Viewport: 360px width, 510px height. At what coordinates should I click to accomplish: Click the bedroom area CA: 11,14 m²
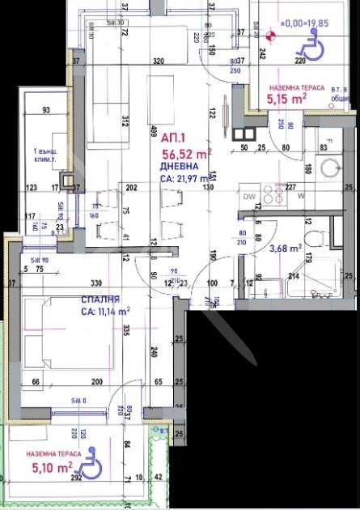(105, 311)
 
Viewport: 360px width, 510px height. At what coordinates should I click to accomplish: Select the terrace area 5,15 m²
(286, 99)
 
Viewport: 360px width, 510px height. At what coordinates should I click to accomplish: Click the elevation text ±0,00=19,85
(304, 23)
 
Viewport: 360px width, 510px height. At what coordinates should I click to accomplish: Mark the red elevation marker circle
(271, 34)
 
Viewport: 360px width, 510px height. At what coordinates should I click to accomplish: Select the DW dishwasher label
(248, 196)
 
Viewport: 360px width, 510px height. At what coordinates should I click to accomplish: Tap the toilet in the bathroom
(318, 240)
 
